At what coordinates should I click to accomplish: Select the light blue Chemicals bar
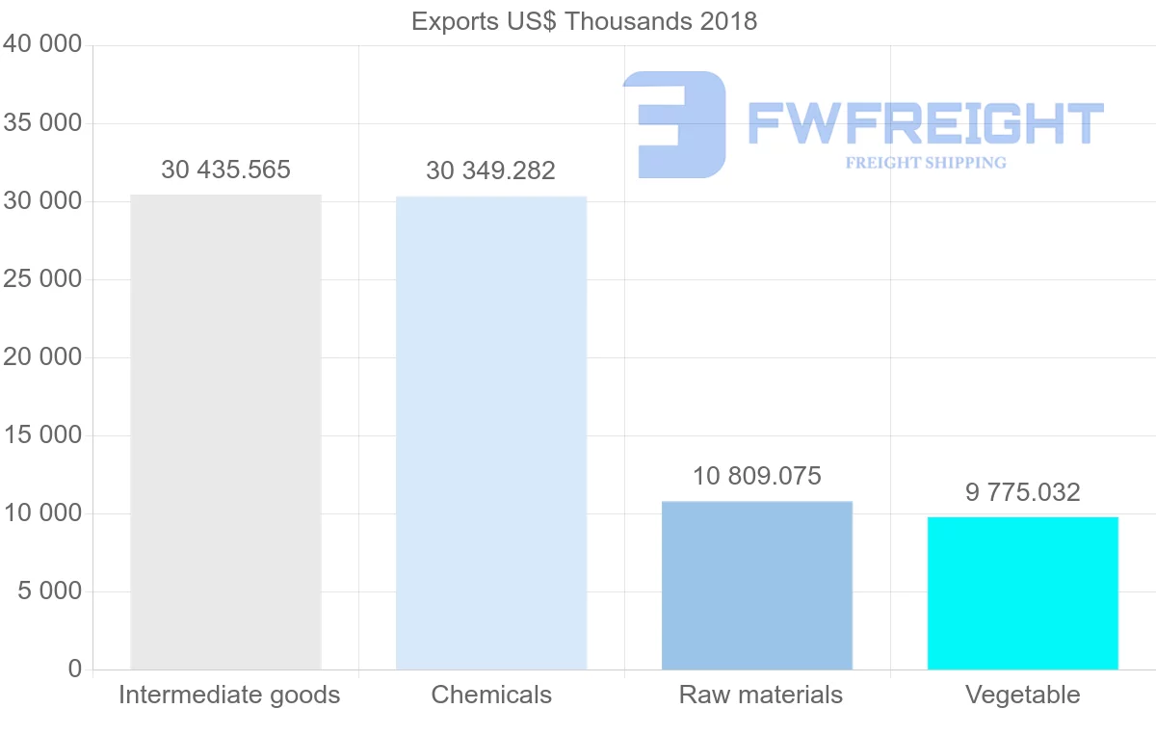click(491, 433)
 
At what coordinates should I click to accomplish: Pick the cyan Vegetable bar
click(1023, 592)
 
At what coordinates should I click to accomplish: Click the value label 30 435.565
click(225, 171)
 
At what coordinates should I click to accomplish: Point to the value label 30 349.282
click(491, 171)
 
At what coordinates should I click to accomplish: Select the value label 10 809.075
click(757, 476)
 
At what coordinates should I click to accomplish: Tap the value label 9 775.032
click(1023, 492)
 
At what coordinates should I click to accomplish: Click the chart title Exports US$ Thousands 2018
click(584, 21)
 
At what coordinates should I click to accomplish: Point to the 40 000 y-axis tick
click(42, 44)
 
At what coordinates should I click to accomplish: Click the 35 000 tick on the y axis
click(42, 123)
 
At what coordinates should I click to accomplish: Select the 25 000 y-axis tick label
click(42, 279)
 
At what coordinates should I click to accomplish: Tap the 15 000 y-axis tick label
click(42, 435)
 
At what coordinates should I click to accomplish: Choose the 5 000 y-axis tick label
click(50, 591)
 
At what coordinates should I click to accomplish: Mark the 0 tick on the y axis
click(75, 669)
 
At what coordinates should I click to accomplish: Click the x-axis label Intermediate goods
click(229, 695)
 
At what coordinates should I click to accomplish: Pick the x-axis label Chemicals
click(491, 695)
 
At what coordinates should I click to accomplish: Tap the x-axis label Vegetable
click(1023, 695)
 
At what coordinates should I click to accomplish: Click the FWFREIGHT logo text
click(925, 123)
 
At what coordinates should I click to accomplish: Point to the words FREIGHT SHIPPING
click(926, 163)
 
